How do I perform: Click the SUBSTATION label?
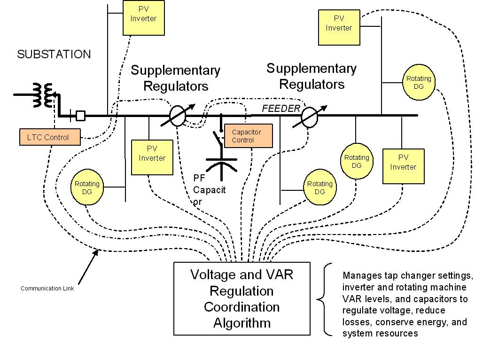54,55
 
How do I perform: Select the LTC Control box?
50,137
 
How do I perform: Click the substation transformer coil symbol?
43,94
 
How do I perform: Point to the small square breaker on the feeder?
80,115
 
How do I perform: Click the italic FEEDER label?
281,109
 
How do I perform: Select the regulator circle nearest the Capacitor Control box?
177,116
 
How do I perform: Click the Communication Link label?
47,289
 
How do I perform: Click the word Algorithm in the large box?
241,323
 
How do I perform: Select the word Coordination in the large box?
241,307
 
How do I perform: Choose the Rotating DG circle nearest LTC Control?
87,188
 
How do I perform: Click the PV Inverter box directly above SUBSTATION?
143,18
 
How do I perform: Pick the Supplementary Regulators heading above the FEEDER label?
312,76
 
